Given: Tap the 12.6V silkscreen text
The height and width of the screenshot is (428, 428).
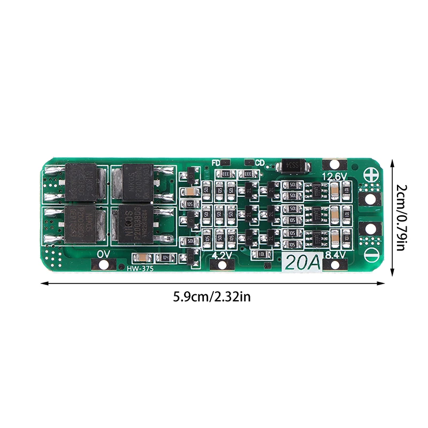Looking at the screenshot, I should click(x=335, y=176).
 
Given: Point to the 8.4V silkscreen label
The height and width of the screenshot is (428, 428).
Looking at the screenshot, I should click(x=335, y=255).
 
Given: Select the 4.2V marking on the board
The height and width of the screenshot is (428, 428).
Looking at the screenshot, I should click(x=221, y=255).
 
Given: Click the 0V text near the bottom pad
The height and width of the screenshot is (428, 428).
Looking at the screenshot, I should click(x=103, y=254).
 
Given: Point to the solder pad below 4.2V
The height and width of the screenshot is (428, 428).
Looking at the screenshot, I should click(x=221, y=264).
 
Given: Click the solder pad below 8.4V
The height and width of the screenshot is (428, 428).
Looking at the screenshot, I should click(x=335, y=264).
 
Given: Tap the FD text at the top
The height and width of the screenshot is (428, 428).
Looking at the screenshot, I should click(x=216, y=162).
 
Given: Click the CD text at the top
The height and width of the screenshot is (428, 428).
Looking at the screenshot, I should click(x=259, y=162).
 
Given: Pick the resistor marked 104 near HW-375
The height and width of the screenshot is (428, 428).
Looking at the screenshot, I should click(x=165, y=257).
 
